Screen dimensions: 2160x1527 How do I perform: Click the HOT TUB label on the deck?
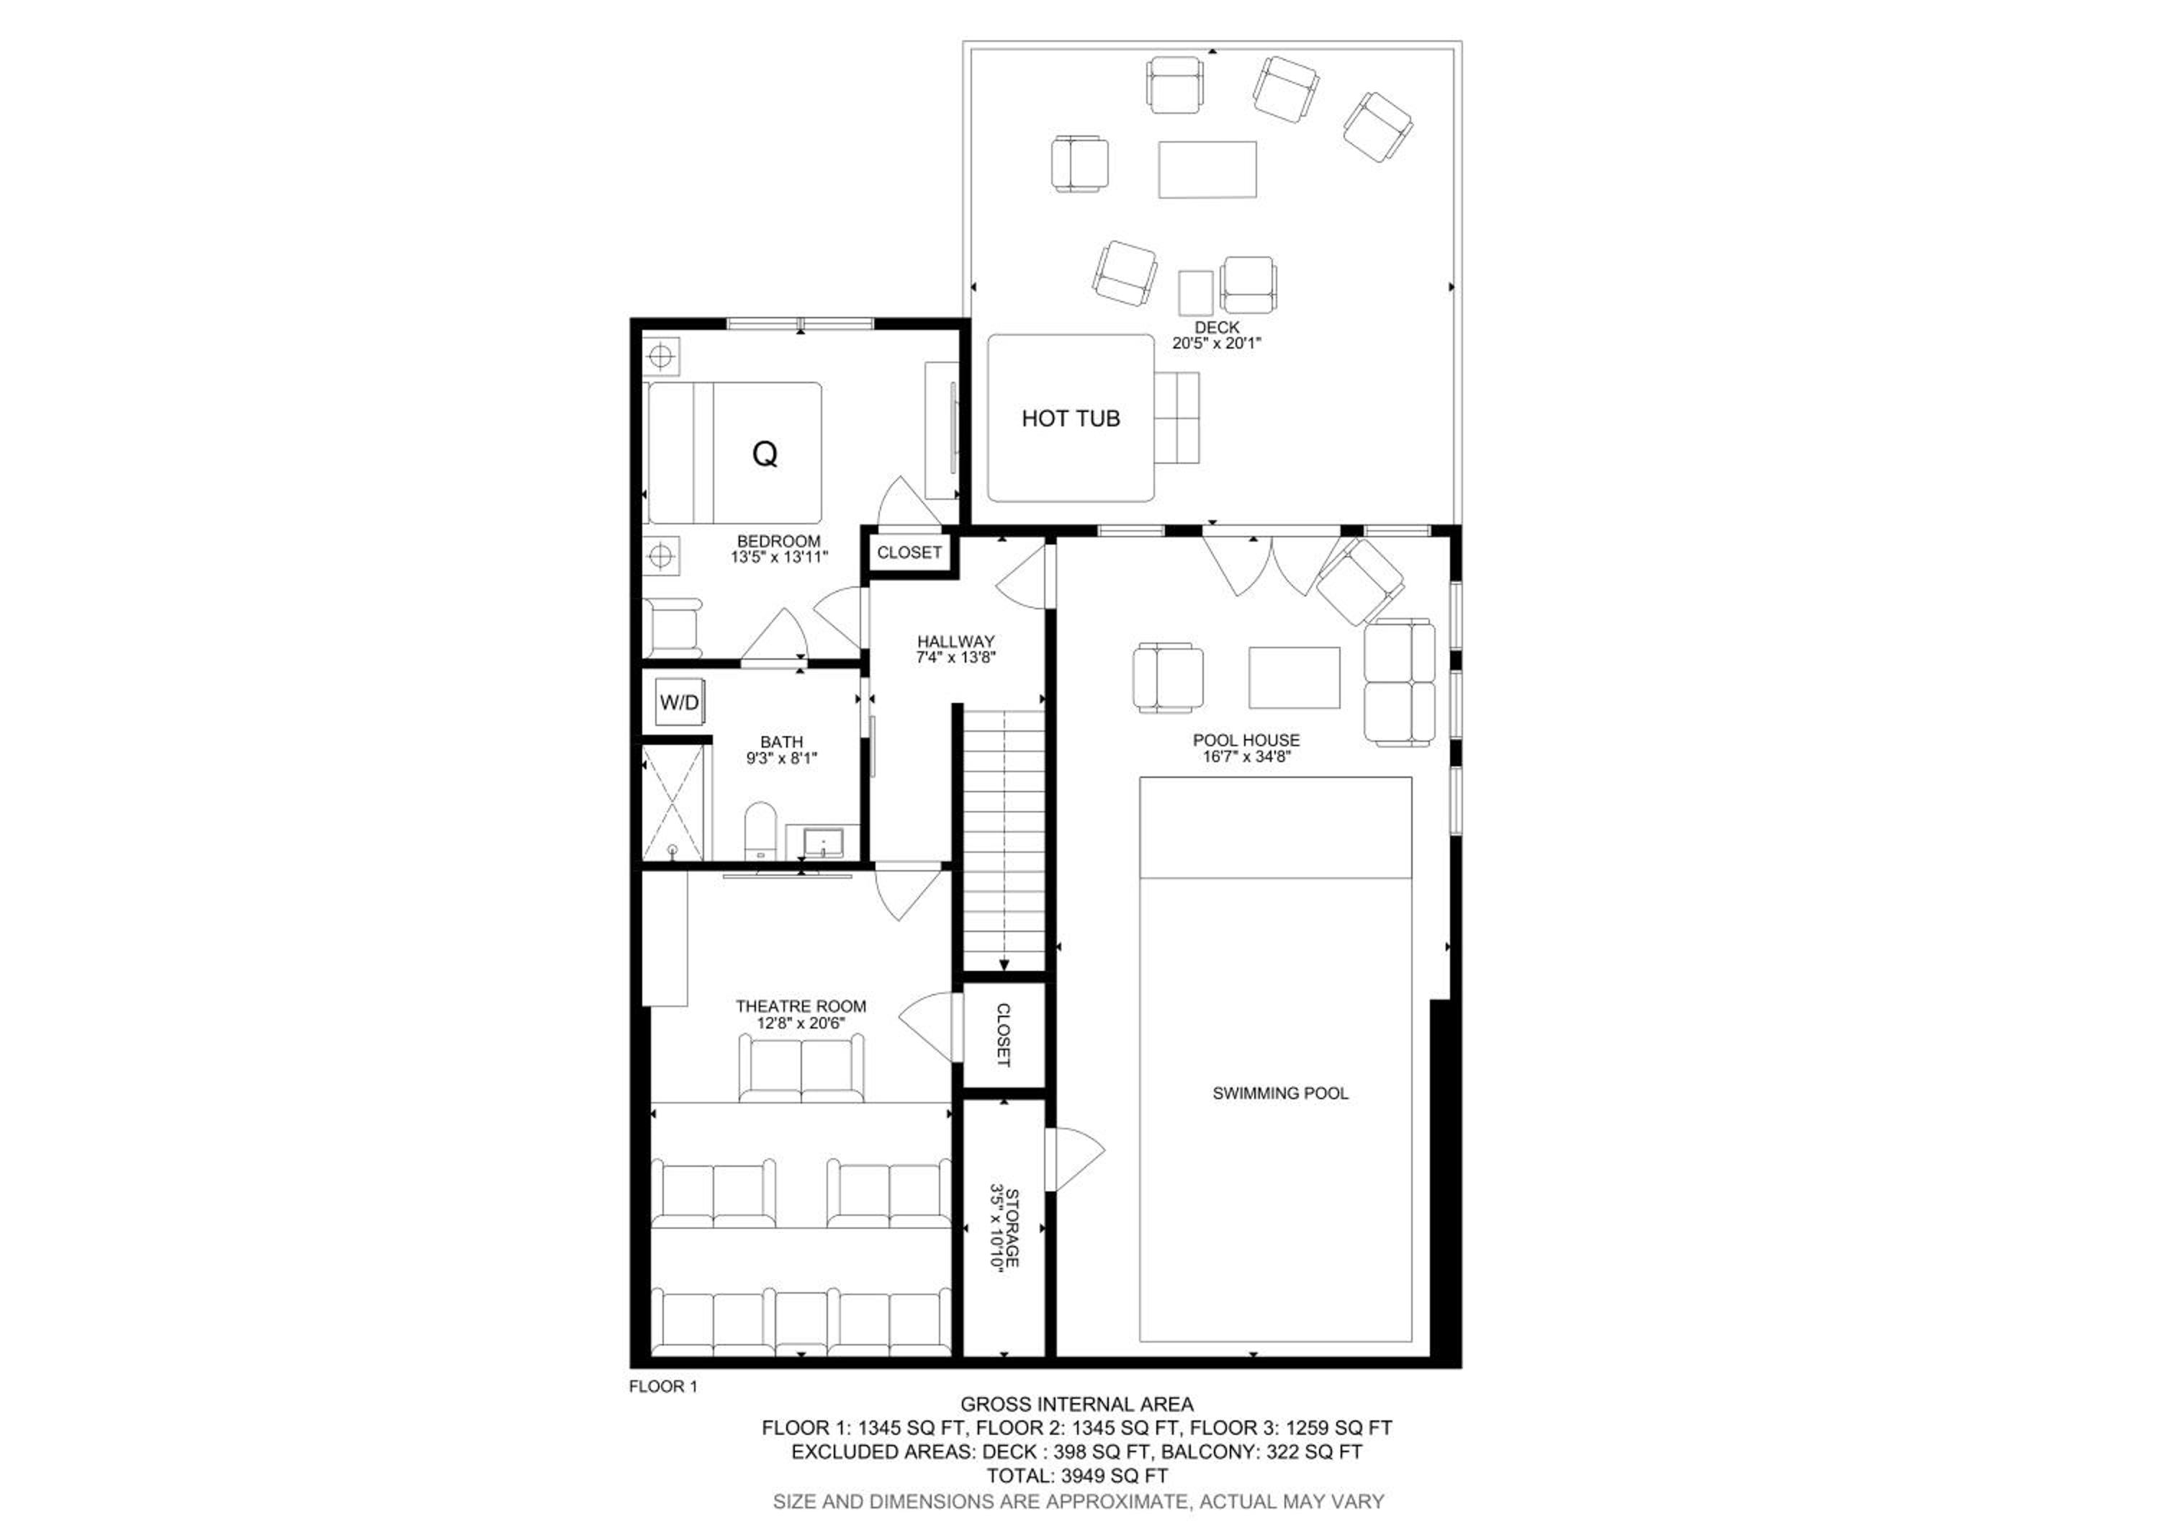(x=1071, y=418)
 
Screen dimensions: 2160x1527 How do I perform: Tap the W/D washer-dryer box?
(x=679, y=702)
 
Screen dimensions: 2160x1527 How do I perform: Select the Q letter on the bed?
(x=765, y=454)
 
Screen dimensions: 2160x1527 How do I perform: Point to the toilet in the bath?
(x=759, y=830)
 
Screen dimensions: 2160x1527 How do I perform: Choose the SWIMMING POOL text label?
(x=1280, y=1093)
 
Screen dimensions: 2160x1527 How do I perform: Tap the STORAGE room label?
(x=1012, y=1228)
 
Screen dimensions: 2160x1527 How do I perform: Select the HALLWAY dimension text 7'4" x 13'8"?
(x=956, y=658)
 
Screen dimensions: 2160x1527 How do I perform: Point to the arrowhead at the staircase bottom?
(x=1004, y=964)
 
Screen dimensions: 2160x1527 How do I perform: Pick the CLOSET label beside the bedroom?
(x=909, y=552)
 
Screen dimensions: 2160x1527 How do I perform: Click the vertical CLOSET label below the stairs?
(x=1003, y=1035)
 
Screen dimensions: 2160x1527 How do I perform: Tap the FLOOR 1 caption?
(x=663, y=1386)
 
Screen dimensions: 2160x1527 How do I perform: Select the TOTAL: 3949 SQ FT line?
(x=1077, y=1475)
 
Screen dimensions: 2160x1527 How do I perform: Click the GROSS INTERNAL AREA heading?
(x=1077, y=1405)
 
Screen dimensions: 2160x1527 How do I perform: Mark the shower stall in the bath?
(x=672, y=802)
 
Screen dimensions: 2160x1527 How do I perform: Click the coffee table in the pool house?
(x=1295, y=677)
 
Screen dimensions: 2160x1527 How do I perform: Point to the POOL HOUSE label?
(x=1246, y=740)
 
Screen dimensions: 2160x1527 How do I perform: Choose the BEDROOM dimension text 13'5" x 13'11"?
(x=779, y=557)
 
